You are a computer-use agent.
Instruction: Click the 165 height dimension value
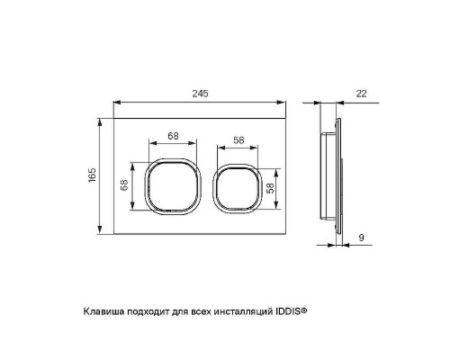(92, 176)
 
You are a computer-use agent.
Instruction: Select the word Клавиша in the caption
(103, 310)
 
